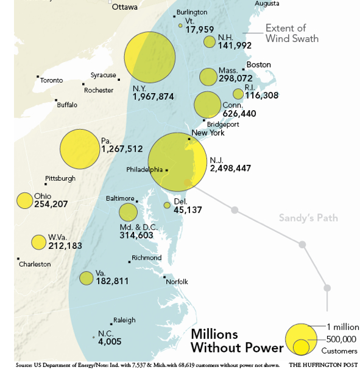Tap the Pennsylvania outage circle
(80, 150)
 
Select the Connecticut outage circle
(207, 105)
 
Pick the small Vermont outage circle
(180, 26)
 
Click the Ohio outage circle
(24, 200)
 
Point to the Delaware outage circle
(167, 205)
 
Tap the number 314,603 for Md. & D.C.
(144, 235)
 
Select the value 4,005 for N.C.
(110, 341)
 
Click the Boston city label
(258, 65)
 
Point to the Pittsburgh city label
(60, 178)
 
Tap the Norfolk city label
(177, 281)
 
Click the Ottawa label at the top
(124, 7)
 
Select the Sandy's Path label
(308, 218)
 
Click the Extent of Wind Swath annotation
(292, 33)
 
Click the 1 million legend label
(342, 327)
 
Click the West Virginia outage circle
(38, 242)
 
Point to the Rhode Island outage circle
(238, 94)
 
